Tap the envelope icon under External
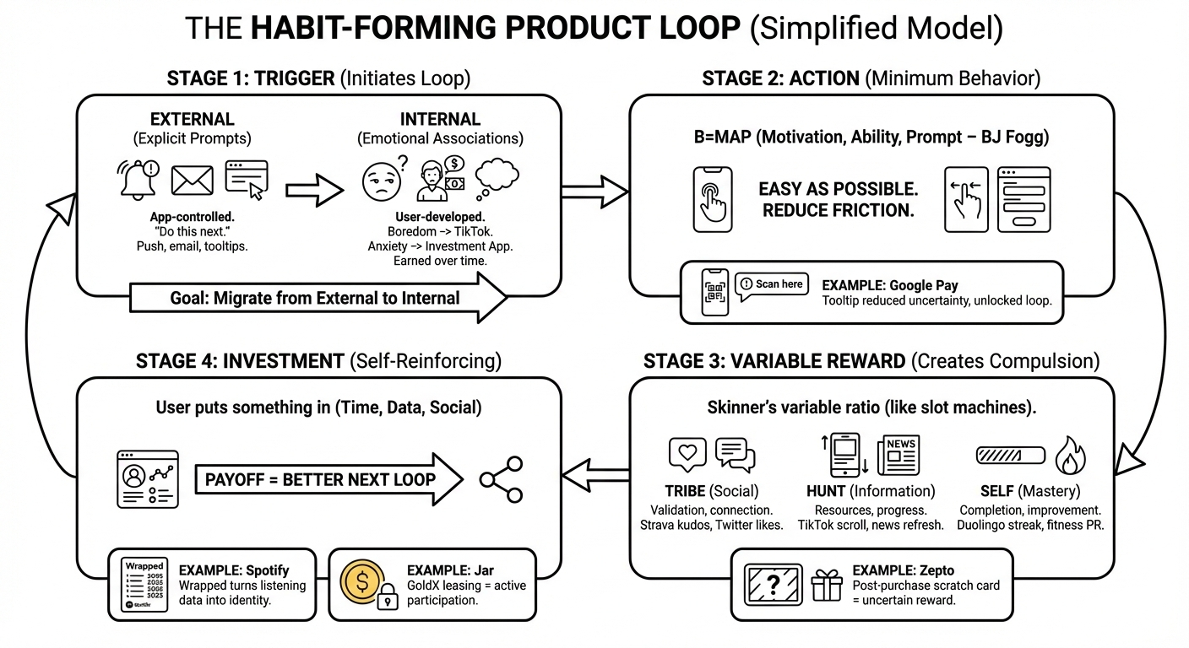click(x=192, y=181)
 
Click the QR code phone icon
click(x=715, y=292)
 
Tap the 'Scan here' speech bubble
click(x=771, y=285)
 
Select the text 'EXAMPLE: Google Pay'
click(x=890, y=285)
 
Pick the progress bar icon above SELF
click(x=1010, y=456)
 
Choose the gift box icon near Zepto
click(x=827, y=585)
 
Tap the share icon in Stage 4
click(x=501, y=479)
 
